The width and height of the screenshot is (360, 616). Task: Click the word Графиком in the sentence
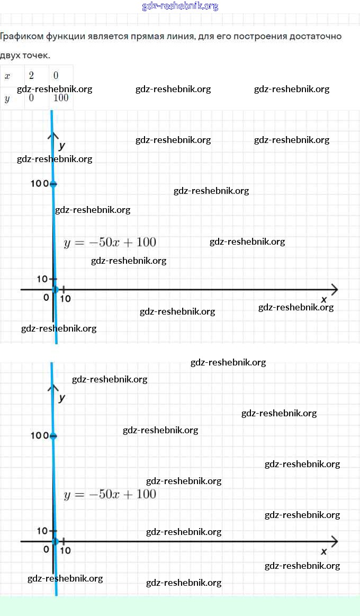(19, 37)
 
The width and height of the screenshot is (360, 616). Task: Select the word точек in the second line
(38, 55)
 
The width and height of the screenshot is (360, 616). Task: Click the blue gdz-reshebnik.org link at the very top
(180, 6)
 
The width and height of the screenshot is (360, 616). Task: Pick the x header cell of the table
(7, 76)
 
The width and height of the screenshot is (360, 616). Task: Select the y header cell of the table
(7, 99)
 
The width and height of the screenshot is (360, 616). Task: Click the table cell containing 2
(32, 76)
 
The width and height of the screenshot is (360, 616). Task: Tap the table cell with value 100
(61, 99)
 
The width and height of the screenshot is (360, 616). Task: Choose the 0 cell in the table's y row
(32, 99)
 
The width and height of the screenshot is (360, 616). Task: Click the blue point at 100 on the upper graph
(52, 184)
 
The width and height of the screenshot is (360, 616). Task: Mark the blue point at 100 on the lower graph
(52, 436)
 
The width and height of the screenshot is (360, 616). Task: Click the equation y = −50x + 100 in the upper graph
(110, 243)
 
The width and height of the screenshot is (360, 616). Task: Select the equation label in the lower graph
(110, 495)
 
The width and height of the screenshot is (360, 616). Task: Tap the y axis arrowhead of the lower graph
(52, 388)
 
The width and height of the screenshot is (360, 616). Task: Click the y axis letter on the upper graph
(62, 145)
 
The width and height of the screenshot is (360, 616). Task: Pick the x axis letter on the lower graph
(324, 551)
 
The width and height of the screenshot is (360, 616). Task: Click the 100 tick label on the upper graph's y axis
(39, 184)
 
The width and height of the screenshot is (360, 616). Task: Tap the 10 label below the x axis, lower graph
(65, 550)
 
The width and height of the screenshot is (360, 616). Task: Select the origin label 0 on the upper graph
(46, 298)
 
